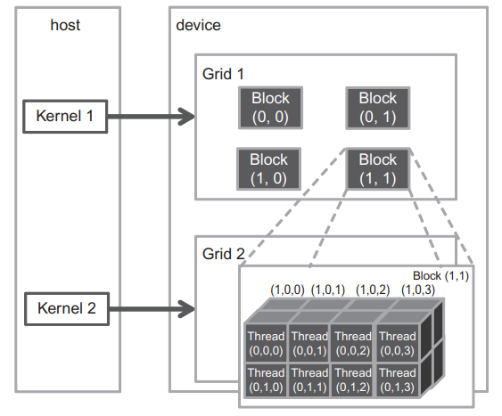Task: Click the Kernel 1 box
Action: [65, 117]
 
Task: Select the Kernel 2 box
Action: [67, 309]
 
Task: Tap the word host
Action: [65, 25]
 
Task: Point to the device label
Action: [198, 25]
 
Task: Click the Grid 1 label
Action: [223, 74]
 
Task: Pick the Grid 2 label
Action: [224, 254]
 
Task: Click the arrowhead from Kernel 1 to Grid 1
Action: [187, 117]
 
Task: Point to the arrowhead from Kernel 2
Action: [187, 309]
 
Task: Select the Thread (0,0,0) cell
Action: [266, 343]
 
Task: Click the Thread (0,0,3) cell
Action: [398, 343]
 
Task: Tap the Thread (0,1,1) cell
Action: [309, 379]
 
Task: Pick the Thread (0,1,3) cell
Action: [398, 379]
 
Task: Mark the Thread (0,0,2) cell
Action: [353, 343]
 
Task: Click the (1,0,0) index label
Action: [287, 290]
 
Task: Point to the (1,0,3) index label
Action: [418, 290]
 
